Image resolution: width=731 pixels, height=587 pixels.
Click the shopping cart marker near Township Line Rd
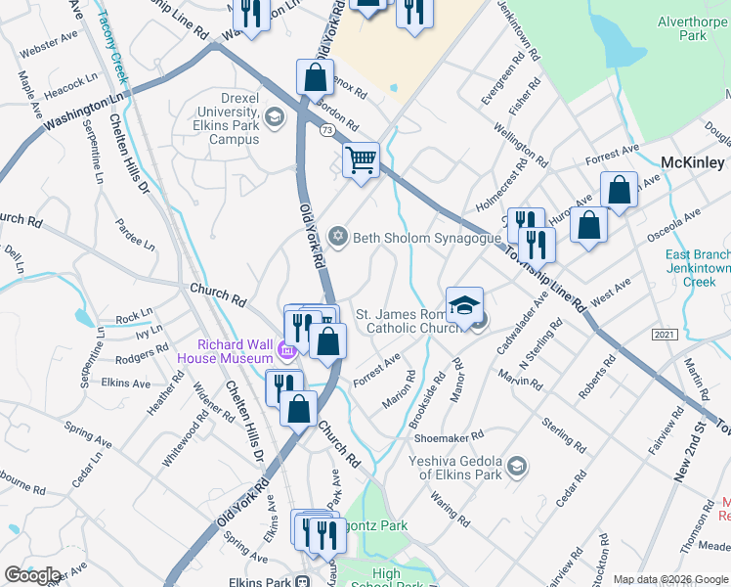361,160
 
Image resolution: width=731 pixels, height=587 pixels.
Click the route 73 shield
326,129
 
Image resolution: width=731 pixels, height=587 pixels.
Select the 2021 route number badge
664,335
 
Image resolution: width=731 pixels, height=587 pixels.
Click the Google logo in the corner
32,575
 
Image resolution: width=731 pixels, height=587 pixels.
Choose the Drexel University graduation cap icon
275,118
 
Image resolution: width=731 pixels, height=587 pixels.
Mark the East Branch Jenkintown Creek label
698,268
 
